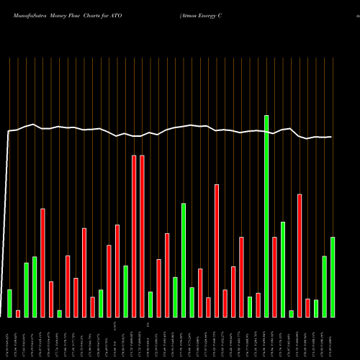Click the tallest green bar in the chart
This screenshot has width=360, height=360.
coord(266,216)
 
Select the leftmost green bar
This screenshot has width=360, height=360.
coord(9,303)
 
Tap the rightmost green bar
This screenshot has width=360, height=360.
coord(333,277)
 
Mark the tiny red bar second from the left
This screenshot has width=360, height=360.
coord(18,313)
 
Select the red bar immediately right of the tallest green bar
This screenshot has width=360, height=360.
coord(274,277)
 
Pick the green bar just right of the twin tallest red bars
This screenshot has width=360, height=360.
coord(150,305)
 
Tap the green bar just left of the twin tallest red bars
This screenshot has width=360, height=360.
coord(125,292)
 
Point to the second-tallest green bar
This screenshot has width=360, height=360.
coord(184,260)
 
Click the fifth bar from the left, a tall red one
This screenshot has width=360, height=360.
coord(42,263)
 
